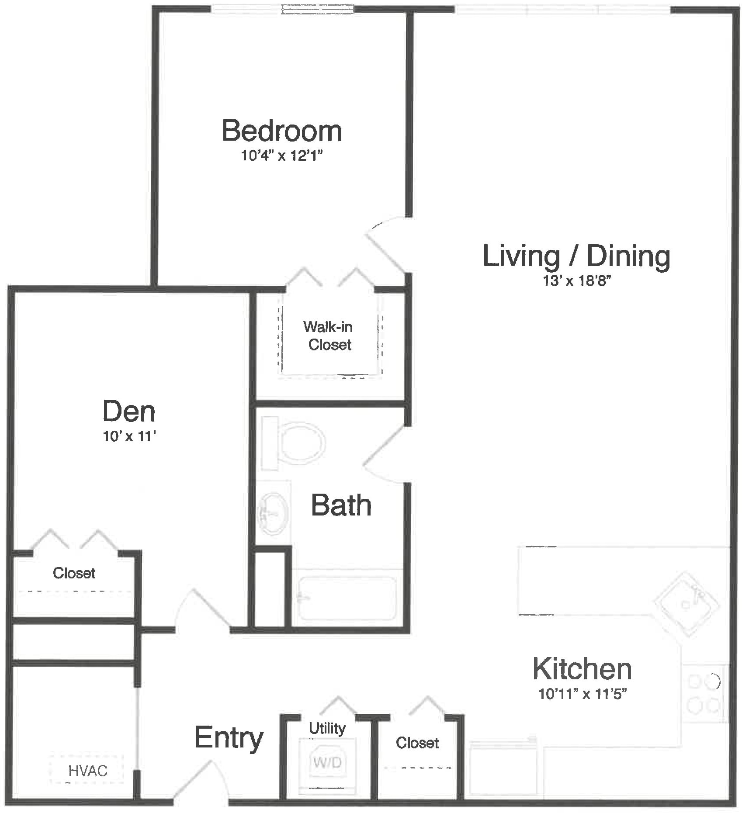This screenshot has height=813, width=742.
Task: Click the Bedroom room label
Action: click(282, 131)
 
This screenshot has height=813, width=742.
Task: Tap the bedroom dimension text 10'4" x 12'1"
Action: click(282, 155)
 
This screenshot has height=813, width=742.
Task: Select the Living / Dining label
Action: click(576, 256)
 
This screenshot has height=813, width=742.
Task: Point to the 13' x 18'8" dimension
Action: click(576, 280)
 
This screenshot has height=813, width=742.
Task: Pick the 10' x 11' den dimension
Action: click(129, 436)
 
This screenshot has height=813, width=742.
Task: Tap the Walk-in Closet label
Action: click(329, 336)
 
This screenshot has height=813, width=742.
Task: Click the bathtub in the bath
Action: click(347, 598)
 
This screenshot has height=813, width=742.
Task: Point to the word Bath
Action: click(341, 505)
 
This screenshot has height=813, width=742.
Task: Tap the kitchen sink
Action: click(687, 603)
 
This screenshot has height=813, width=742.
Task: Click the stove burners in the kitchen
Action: click(704, 693)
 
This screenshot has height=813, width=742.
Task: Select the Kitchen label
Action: click(582, 669)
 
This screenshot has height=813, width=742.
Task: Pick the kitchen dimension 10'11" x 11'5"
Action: click(583, 694)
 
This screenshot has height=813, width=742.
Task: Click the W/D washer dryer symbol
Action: click(328, 762)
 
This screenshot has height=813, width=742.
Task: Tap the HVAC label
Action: click(88, 771)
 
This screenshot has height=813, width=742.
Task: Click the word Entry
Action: click(229, 737)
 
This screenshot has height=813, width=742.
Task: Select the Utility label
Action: click(327, 728)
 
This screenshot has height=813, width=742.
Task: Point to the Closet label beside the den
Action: click(74, 573)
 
